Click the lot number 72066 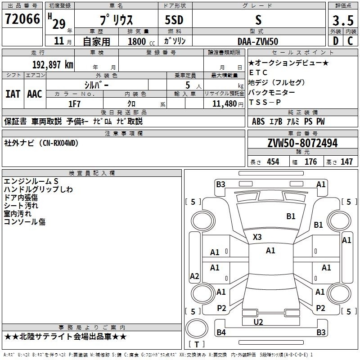pos(22,19)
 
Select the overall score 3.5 pos(343,20)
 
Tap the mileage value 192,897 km pos(53,65)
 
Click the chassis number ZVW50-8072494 pos(302,143)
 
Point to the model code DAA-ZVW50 pos(258,41)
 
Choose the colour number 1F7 pos(74,104)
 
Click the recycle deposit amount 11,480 pos(225,104)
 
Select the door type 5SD pos(174,20)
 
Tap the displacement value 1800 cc pos(141,41)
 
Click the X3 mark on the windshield pos(257,237)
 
